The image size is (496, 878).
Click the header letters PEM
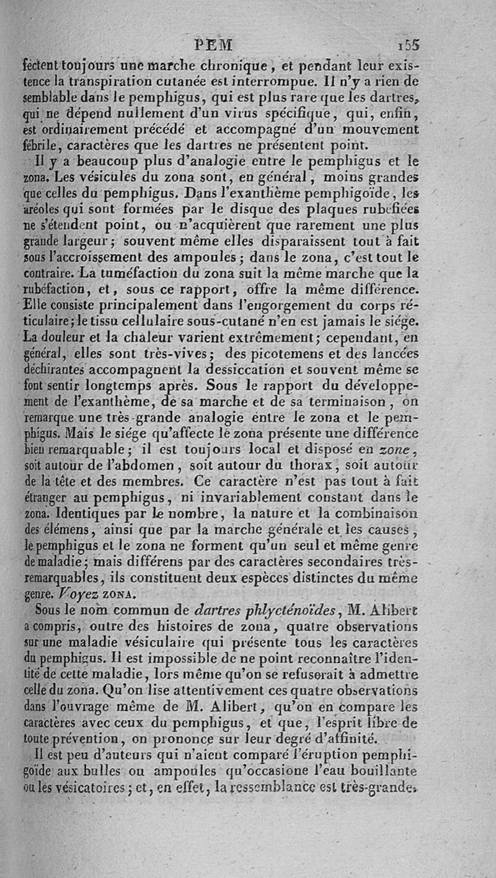click(213, 45)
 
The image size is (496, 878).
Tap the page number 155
click(410, 45)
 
